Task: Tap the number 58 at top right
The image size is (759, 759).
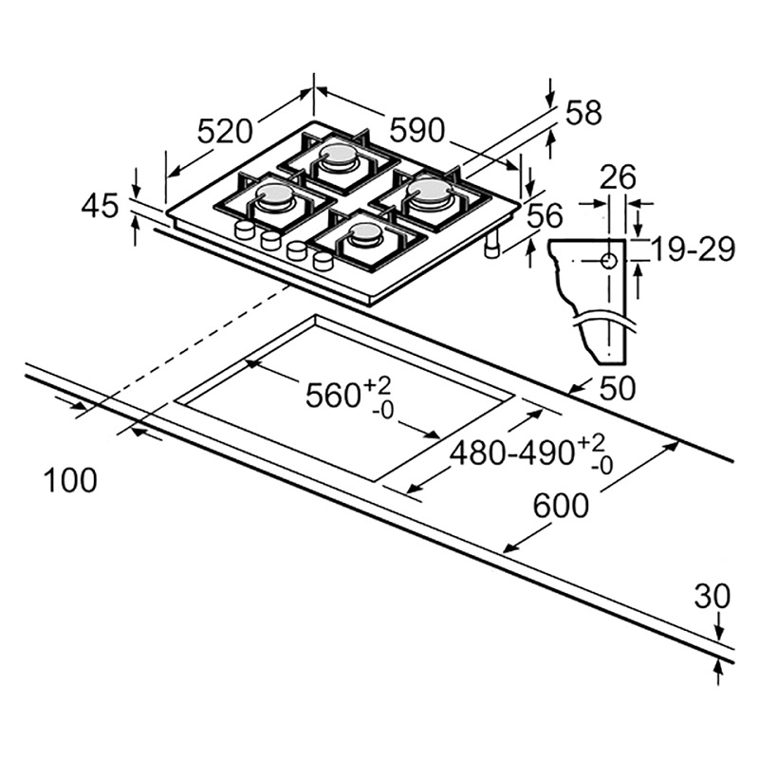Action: click(583, 113)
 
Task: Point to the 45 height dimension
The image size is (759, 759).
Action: click(100, 206)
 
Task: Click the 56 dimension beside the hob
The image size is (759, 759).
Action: click(545, 216)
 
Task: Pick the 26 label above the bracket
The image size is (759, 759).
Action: click(619, 177)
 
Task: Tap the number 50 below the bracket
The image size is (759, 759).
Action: click(617, 389)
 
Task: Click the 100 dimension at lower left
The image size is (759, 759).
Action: click(71, 480)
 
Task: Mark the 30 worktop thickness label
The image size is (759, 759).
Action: click(712, 597)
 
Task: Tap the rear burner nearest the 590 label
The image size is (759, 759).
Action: click(339, 157)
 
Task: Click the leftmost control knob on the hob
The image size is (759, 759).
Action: click(244, 231)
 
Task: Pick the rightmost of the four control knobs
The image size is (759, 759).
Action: click(323, 259)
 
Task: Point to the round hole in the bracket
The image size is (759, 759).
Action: click(608, 260)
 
